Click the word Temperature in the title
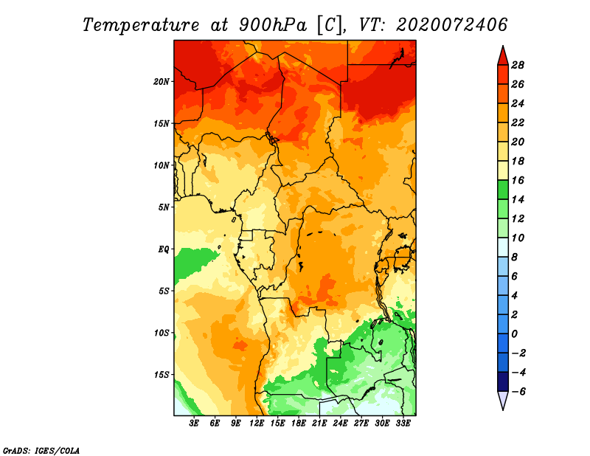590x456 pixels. pos(140,25)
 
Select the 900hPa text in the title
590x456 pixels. pos(272,25)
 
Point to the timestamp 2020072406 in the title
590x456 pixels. pos(451,25)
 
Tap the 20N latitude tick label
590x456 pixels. pos(162,82)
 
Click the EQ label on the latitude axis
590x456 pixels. pos(164,249)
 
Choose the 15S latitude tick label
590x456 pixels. pos(162,375)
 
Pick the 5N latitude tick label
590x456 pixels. pos(164,207)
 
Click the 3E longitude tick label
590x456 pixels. pos(194,424)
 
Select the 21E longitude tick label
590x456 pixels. pos(319,424)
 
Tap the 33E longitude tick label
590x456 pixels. pos(403,424)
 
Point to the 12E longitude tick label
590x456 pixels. pos(257,424)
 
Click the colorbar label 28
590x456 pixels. pos(518,65)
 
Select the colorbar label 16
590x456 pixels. pos(518,180)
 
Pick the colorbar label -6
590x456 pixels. pos(518,392)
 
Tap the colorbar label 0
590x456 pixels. pos(514,334)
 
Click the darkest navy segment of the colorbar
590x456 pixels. pos(503,381)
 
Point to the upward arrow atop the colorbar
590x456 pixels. pos(503,56)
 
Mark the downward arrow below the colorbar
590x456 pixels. pos(503,401)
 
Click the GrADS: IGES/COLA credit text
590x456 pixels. pos(41,451)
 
